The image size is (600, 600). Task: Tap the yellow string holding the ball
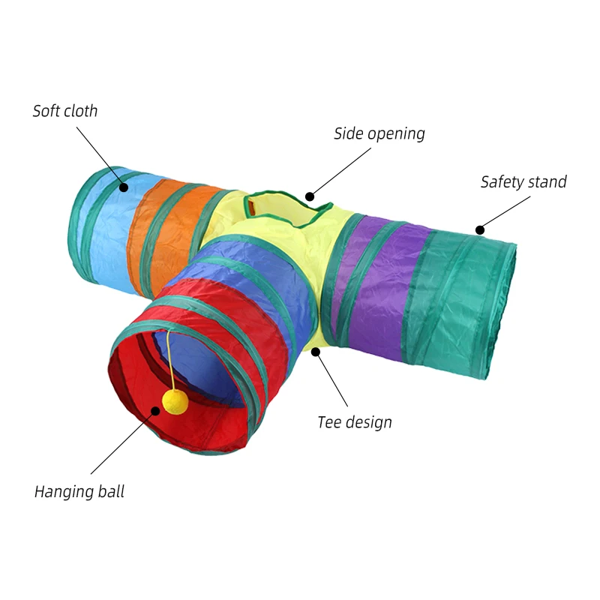(172, 360)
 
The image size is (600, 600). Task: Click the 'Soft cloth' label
(65, 111)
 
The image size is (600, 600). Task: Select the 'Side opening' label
(379, 133)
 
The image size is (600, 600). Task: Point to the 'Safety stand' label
(523, 181)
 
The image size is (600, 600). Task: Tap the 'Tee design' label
(355, 422)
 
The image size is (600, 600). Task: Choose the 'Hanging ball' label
(79, 492)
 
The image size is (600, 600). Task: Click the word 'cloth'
(80, 111)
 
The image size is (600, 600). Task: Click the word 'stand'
(547, 181)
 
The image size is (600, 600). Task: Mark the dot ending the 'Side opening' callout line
(309, 196)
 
